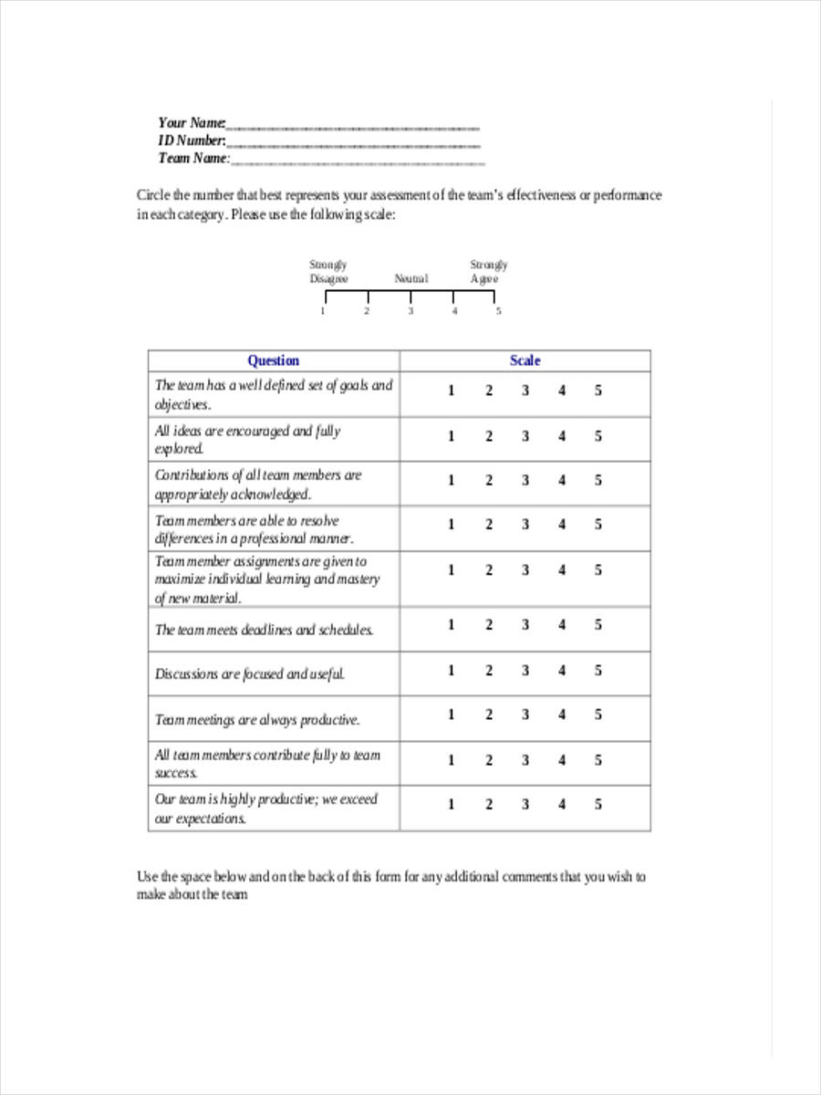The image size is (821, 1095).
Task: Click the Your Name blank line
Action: [x=352, y=127]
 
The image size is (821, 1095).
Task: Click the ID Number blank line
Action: [x=352, y=144]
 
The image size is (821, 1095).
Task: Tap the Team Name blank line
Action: [x=358, y=162]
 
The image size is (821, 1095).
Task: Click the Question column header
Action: [x=273, y=360]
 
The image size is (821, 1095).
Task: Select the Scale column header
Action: [x=525, y=360]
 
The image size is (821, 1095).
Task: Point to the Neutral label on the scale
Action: [x=410, y=279]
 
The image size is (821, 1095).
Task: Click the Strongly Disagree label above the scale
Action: [x=328, y=272]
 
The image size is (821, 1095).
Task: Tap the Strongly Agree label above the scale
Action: [x=488, y=272]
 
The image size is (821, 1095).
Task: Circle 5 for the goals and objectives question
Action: [x=598, y=391]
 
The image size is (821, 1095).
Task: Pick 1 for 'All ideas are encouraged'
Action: [x=451, y=436]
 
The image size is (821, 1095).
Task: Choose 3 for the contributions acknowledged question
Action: [x=525, y=480]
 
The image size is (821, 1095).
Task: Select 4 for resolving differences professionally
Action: [x=562, y=525]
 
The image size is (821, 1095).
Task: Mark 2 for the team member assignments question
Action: [x=488, y=570]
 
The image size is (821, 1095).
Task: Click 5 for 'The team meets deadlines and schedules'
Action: [x=598, y=625]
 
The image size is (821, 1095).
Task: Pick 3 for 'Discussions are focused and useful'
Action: [x=525, y=671]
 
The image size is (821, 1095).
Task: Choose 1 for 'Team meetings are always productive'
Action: [x=451, y=714]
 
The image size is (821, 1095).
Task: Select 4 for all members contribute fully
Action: [x=562, y=760]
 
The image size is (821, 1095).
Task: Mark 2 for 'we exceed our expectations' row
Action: [x=488, y=804]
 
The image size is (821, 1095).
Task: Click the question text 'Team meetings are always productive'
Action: [x=257, y=720]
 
